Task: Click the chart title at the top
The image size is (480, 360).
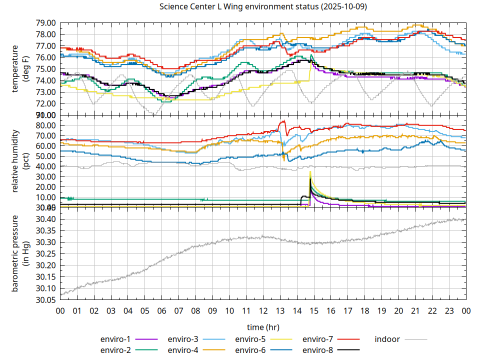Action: (x=262, y=7)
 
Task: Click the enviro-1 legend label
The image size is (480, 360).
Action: (x=116, y=339)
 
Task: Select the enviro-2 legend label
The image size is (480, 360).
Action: (x=116, y=349)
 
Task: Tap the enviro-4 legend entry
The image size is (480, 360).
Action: (x=183, y=349)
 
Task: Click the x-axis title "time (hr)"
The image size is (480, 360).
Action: (x=263, y=327)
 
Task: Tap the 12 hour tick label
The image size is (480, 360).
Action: (x=263, y=310)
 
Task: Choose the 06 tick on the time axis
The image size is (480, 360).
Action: (x=161, y=310)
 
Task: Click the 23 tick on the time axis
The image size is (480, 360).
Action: (x=449, y=310)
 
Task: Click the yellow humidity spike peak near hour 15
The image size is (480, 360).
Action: (x=310, y=171)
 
